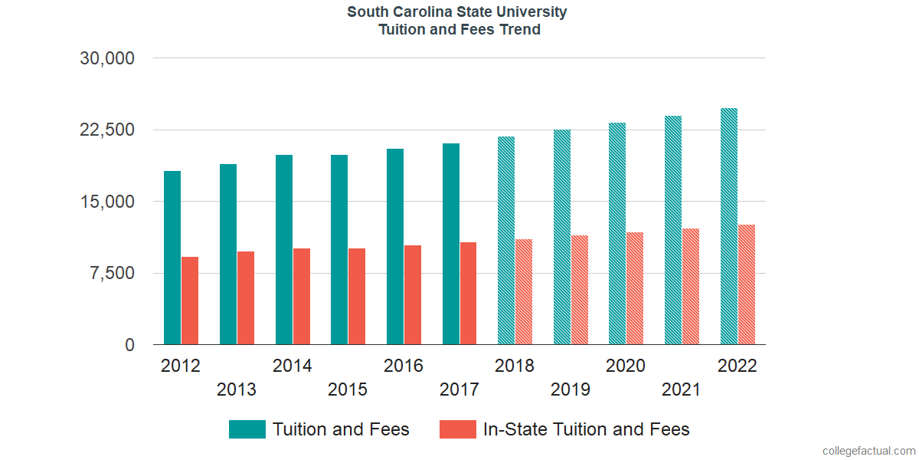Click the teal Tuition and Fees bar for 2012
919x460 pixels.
[172, 258]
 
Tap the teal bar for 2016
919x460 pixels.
[395, 246]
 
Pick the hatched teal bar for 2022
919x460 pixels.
[729, 226]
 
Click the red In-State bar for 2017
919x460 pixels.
[468, 293]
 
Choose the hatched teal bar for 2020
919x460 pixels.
[617, 233]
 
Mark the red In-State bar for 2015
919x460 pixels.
[357, 296]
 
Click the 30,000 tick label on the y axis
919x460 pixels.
[107, 58]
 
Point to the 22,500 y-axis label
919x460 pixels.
[107, 130]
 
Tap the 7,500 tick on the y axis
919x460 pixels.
[113, 274]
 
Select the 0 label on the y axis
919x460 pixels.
[130, 345]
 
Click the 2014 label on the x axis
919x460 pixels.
[292, 366]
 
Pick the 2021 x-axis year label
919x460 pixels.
[682, 390]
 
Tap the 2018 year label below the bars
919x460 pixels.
[515, 366]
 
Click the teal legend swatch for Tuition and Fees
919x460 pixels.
[247, 429]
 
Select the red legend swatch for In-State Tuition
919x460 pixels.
[457, 429]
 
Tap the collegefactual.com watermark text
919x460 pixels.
[868, 451]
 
